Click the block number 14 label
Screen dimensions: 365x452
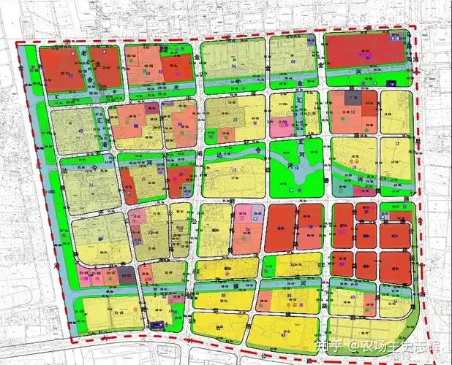pos(91,185)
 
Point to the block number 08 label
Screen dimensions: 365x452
pos(136,126)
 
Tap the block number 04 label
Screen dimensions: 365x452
pos(234,66)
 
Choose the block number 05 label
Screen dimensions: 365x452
pos(293,61)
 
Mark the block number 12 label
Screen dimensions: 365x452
pos(353,112)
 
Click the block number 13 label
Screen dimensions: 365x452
pos(397,145)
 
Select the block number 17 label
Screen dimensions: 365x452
pos(233,172)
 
